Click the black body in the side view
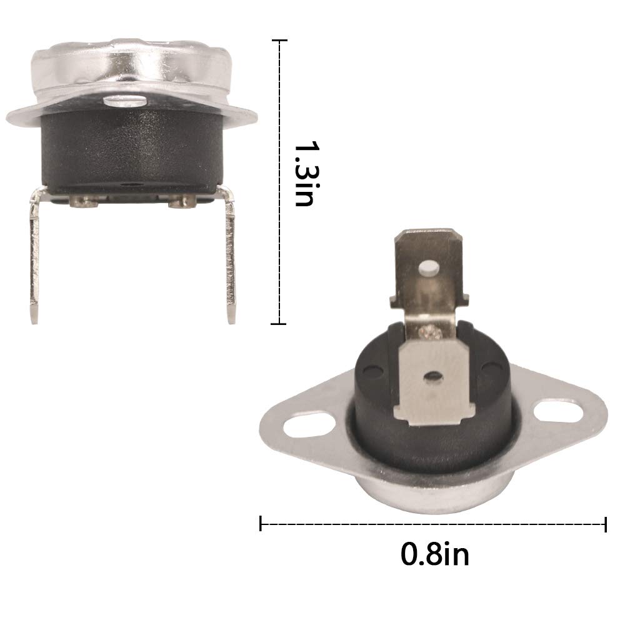click(x=131, y=150)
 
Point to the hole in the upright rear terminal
click(x=429, y=269)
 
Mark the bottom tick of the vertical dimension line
click(x=278, y=324)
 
